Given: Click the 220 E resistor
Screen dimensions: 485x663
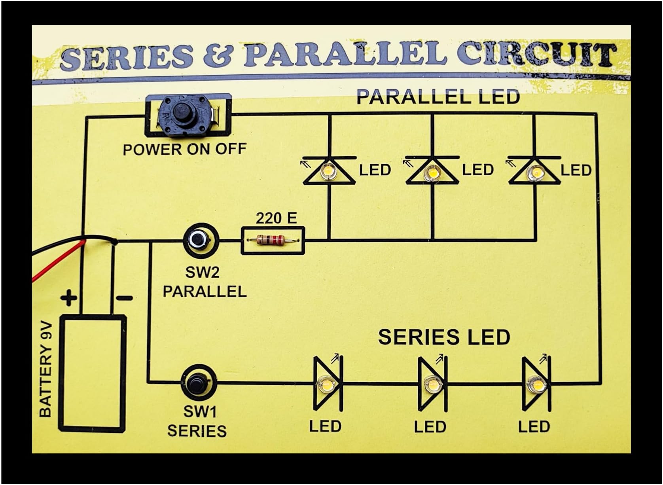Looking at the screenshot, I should (271, 239).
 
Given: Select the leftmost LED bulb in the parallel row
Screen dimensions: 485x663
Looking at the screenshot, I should (328, 172).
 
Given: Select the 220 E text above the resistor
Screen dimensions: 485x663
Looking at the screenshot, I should (276, 218).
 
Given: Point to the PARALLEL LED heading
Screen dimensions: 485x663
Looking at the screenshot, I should (438, 97).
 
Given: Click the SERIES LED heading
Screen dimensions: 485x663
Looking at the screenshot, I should (444, 337).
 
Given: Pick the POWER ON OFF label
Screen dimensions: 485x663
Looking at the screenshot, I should (184, 150).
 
